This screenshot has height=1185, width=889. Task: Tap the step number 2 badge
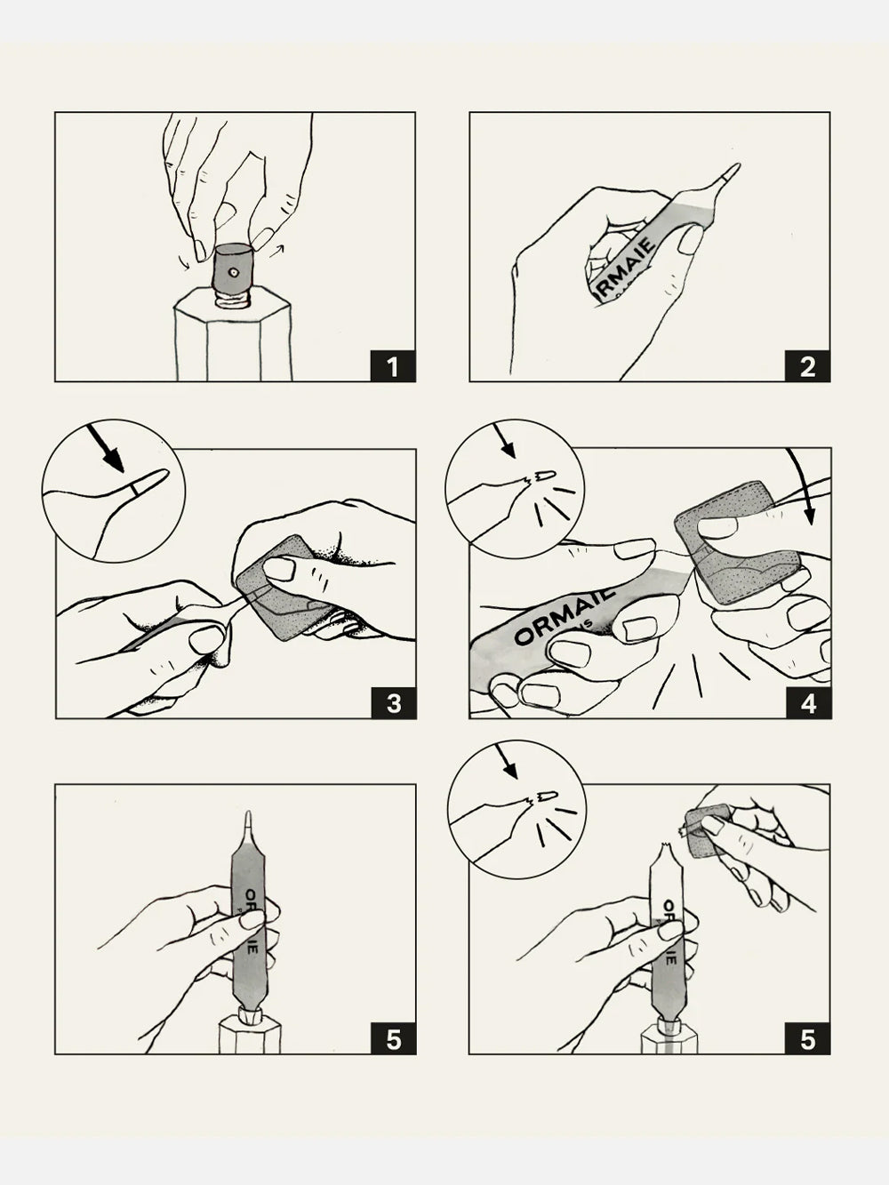point(807,364)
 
